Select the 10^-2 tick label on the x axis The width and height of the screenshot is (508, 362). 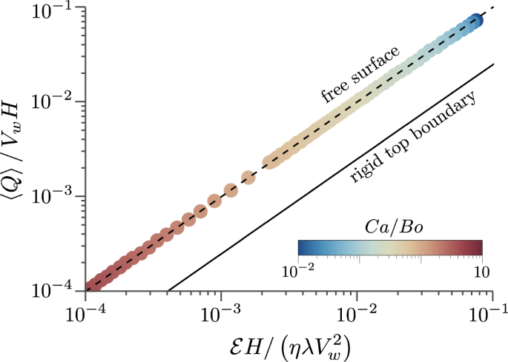[357, 313]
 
